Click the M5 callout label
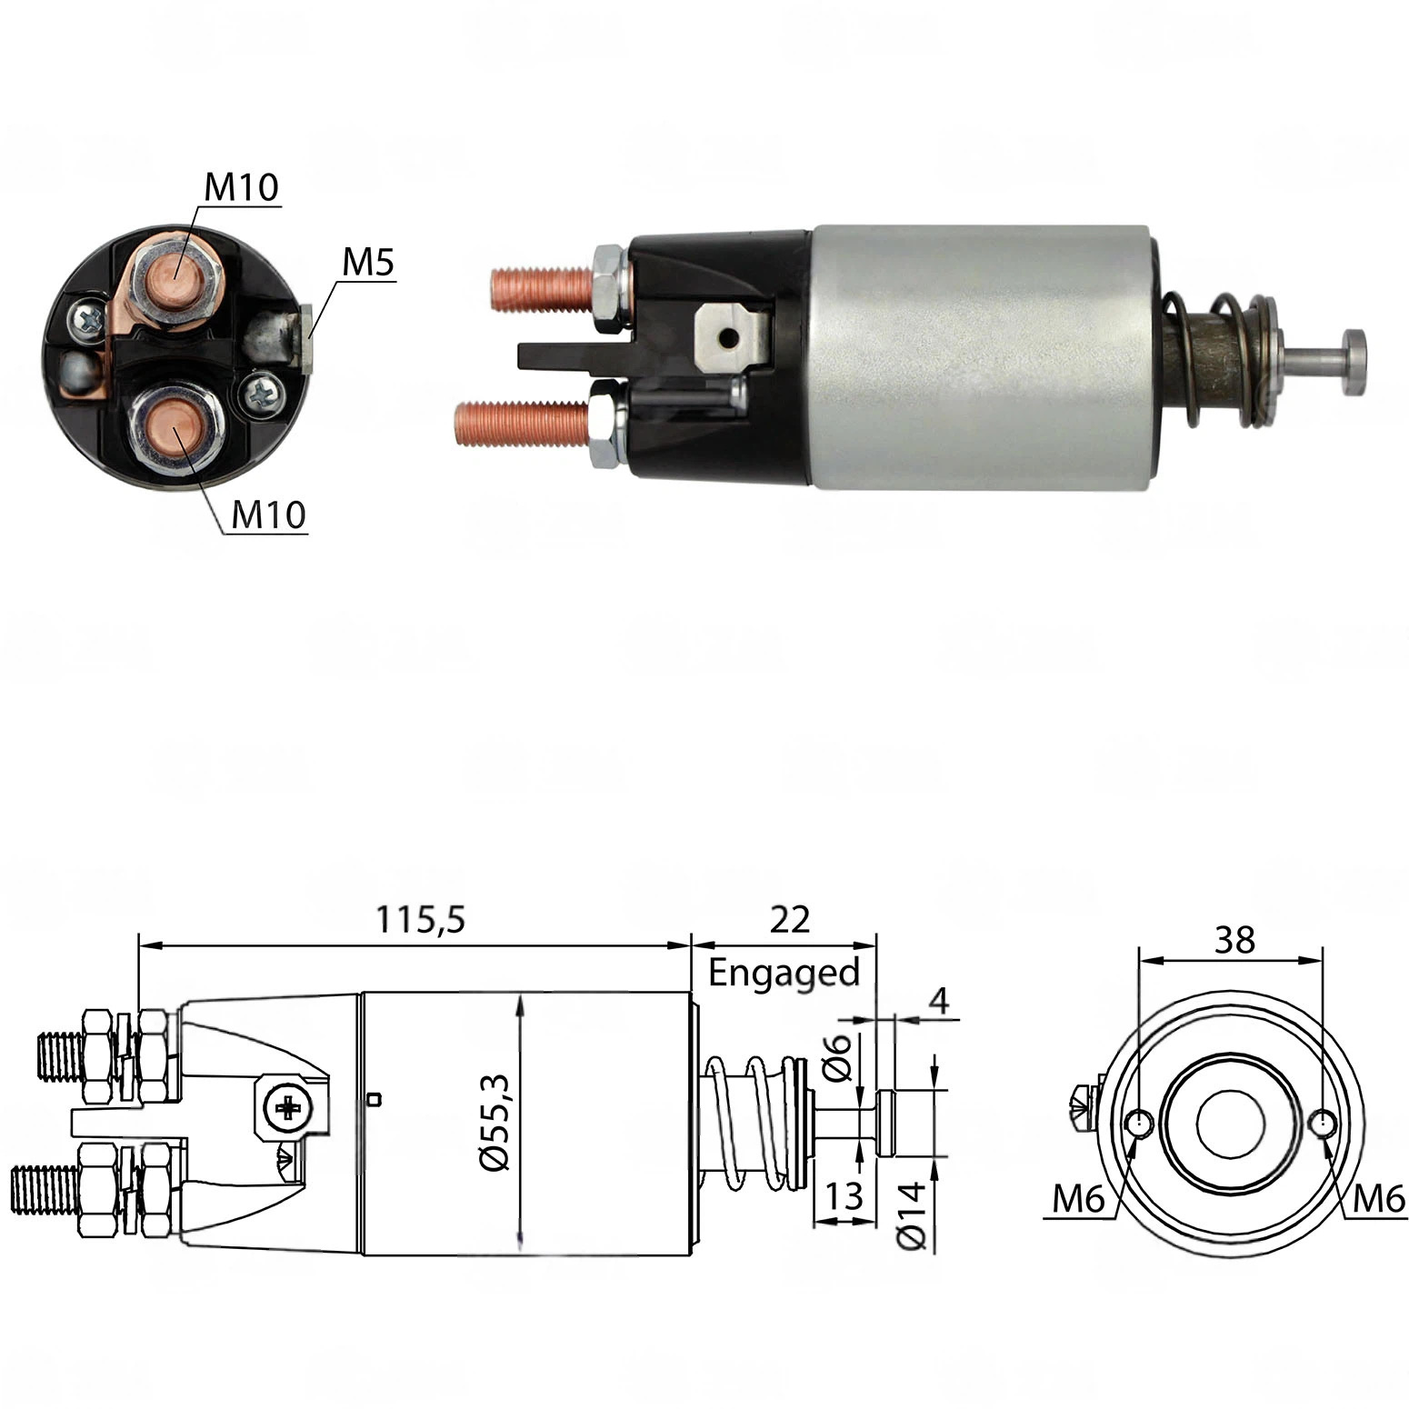(x=368, y=263)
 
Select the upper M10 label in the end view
(x=241, y=187)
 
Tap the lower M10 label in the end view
(x=269, y=515)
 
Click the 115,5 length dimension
(x=421, y=920)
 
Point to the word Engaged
(x=784, y=973)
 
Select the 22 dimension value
(x=789, y=920)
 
